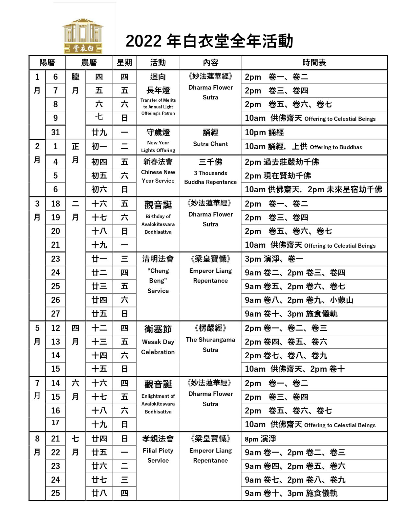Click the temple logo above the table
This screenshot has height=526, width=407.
[83, 36]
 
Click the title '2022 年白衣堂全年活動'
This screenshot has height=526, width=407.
[209, 41]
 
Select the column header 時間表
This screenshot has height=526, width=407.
[314, 62]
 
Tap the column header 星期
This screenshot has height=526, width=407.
[124, 62]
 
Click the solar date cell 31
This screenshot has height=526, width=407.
[55, 132]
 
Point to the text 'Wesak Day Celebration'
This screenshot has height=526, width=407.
[158, 347]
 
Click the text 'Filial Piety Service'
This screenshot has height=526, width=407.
[158, 455]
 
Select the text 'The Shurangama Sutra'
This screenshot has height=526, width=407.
[210, 344]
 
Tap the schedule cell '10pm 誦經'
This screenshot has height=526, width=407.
[264, 132]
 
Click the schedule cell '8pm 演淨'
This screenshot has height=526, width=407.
[261, 439]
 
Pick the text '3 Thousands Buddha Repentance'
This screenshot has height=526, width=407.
[210, 177]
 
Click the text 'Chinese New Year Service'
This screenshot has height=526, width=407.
[158, 176]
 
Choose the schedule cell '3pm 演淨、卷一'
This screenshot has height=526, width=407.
[274, 259]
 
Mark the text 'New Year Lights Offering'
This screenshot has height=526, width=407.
[158, 146]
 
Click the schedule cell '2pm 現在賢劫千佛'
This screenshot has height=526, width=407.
[278, 176]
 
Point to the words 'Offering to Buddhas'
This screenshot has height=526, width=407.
[336, 147]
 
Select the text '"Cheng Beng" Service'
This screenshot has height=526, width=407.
[158, 281]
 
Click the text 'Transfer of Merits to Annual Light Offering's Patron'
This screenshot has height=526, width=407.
[158, 107]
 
